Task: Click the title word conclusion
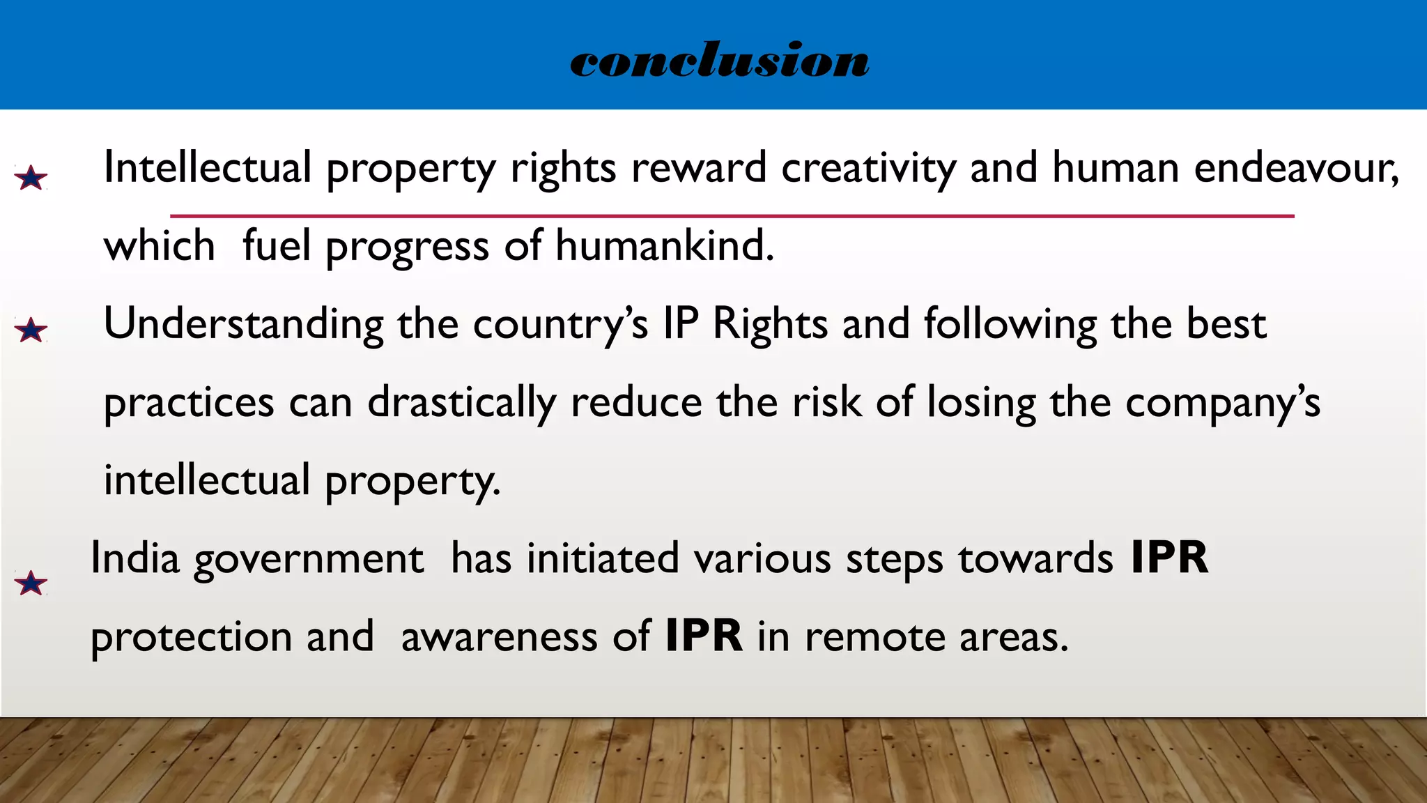click(719, 60)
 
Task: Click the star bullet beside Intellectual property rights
click(31, 178)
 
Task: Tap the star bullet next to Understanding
click(31, 330)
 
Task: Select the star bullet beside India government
click(31, 583)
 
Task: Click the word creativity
click(868, 169)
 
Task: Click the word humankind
click(664, 246)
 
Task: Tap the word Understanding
click(243, 325)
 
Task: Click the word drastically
click(461, 403)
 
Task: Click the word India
click(135, 558)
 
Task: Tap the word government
click(308, 560)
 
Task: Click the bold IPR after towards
click(1169, 558)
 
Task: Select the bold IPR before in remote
click(704, 636)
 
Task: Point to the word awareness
click(499, 637)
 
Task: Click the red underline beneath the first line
click(732, 216)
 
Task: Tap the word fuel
click(276, 246)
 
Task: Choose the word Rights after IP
click(770, 325)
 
